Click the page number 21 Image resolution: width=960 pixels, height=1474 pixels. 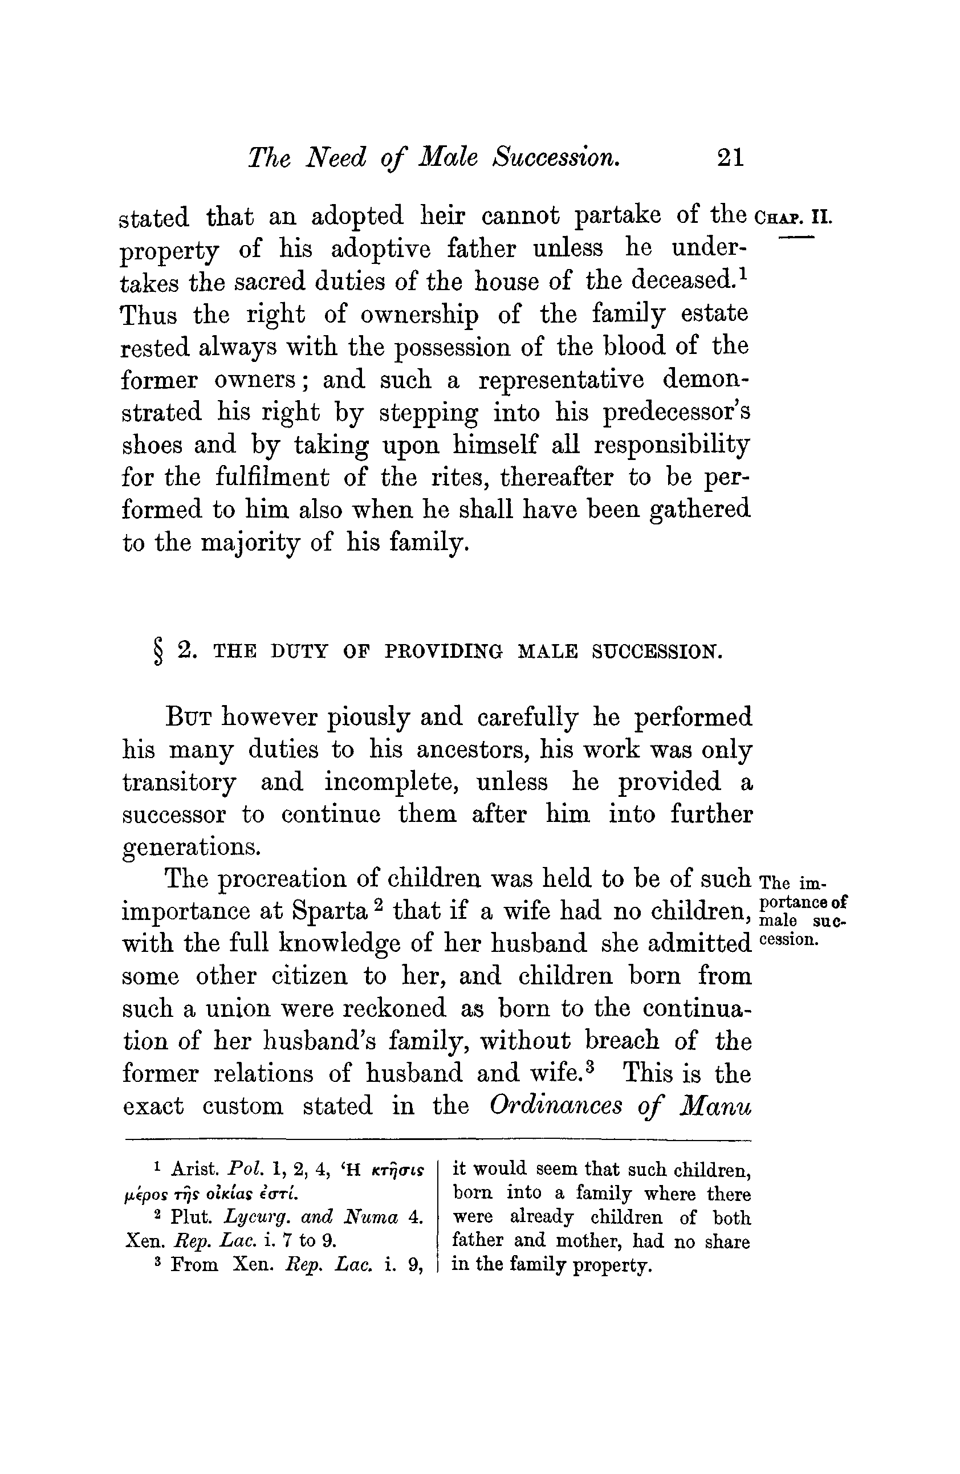730,157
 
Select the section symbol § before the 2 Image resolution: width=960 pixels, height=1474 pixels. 158,652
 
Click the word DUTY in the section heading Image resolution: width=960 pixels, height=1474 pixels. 299,652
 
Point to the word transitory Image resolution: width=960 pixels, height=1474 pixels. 179,782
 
